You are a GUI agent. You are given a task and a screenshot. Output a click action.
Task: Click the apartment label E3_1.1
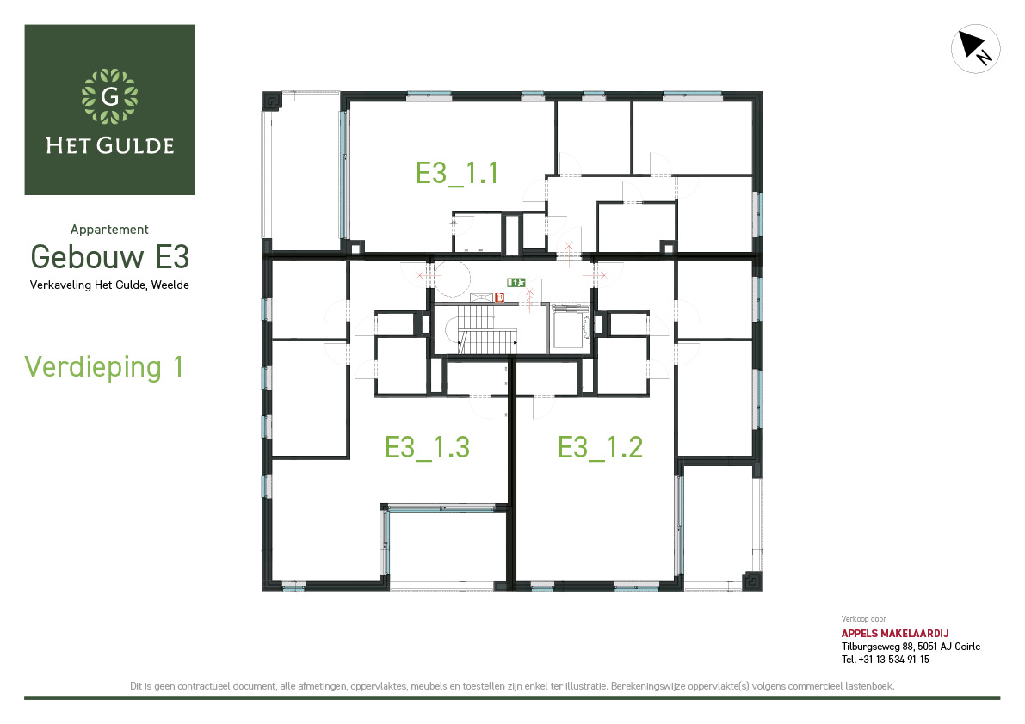(x=457, y=174)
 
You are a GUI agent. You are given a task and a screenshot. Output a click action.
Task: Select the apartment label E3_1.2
(x=600, y=448)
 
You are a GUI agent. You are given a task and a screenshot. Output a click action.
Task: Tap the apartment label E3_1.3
(x=427, y=448)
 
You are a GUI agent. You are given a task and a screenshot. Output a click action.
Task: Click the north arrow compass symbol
(x=975, y=49)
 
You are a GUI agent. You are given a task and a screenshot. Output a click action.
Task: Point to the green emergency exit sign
(x=516, y=283)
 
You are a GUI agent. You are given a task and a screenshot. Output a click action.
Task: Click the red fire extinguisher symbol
(x=499, y=298)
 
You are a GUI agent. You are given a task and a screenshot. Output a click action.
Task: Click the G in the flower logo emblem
(x=110, y=96)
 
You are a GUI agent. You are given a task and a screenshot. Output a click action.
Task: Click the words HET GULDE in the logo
(x=110, y=145)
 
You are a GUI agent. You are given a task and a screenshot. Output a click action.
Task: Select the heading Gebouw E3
(x=110, y=256)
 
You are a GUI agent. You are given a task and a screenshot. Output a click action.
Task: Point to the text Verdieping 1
(x=104, y=367)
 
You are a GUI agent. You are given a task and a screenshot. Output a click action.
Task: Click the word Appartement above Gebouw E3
(x=110, y=230)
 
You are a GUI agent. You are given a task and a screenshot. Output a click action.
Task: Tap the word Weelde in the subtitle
(x=170, y=285)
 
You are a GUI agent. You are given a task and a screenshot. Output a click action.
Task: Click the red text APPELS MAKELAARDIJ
(x=895, y=633)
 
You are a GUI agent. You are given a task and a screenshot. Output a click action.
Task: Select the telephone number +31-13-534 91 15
(x=893, y=660)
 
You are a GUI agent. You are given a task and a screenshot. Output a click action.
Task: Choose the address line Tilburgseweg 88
(x=877, y=647)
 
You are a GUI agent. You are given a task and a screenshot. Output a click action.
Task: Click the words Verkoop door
(x=863, y=619)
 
